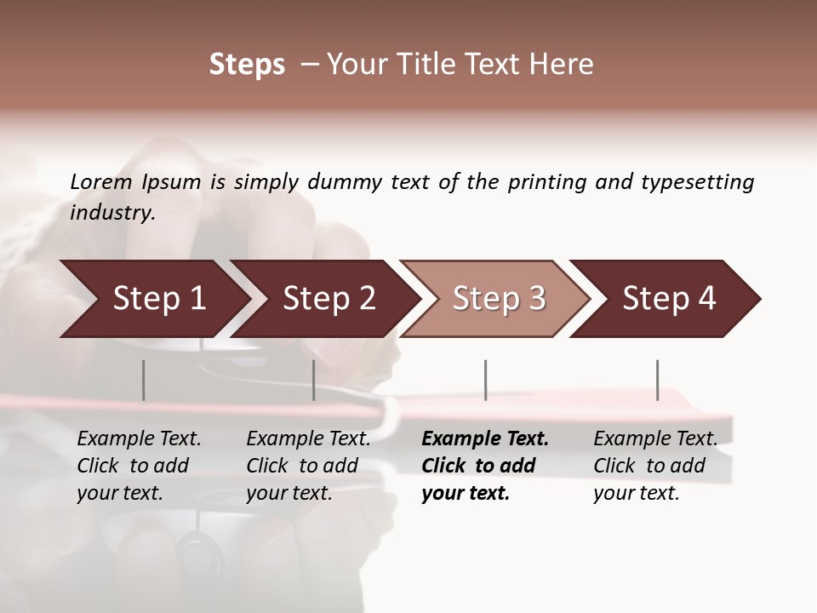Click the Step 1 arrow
(159, 299)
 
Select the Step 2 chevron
(329, 299)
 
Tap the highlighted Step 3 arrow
(499, 299)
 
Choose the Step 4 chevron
(669, 299)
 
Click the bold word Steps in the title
(247, 65)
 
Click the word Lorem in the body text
(101, 181)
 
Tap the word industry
(112, 212)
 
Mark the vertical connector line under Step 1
(144, 380)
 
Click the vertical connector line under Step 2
(314, 380)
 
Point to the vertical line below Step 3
(486, 380)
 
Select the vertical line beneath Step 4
(657, 380)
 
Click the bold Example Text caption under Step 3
(485, 439)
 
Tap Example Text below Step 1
(139, 439)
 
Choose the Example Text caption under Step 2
(308, 439)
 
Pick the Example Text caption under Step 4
(655, 439)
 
